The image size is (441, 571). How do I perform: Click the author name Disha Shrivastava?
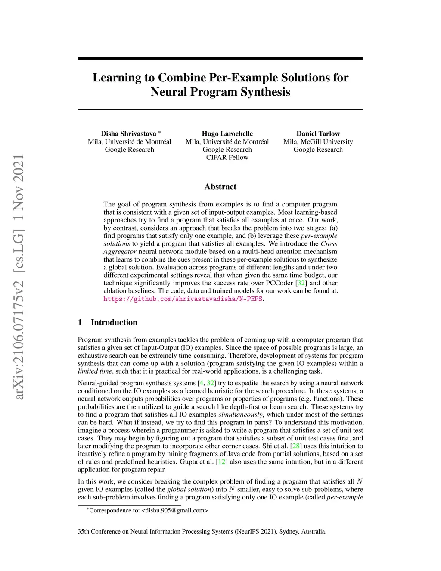[128, 134]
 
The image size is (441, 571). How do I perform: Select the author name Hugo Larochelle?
[227, 134]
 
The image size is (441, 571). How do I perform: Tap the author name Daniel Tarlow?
[318, 134]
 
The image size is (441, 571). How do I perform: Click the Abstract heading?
[220, 187]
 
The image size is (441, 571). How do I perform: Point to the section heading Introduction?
[114, 322]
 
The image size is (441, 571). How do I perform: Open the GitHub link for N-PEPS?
[183, 299]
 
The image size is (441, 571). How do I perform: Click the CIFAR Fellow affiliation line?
[227, 157]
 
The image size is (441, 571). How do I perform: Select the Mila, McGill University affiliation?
[318, 142]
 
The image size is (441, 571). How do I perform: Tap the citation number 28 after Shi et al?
[296, 446]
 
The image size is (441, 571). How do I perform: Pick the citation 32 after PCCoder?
[301, 283]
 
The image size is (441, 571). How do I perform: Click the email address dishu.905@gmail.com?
[174, 511]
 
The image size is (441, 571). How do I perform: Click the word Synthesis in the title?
[265, 92]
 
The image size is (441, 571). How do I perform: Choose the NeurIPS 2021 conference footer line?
[202, 531]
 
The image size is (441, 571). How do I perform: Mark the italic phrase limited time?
[95, 371]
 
